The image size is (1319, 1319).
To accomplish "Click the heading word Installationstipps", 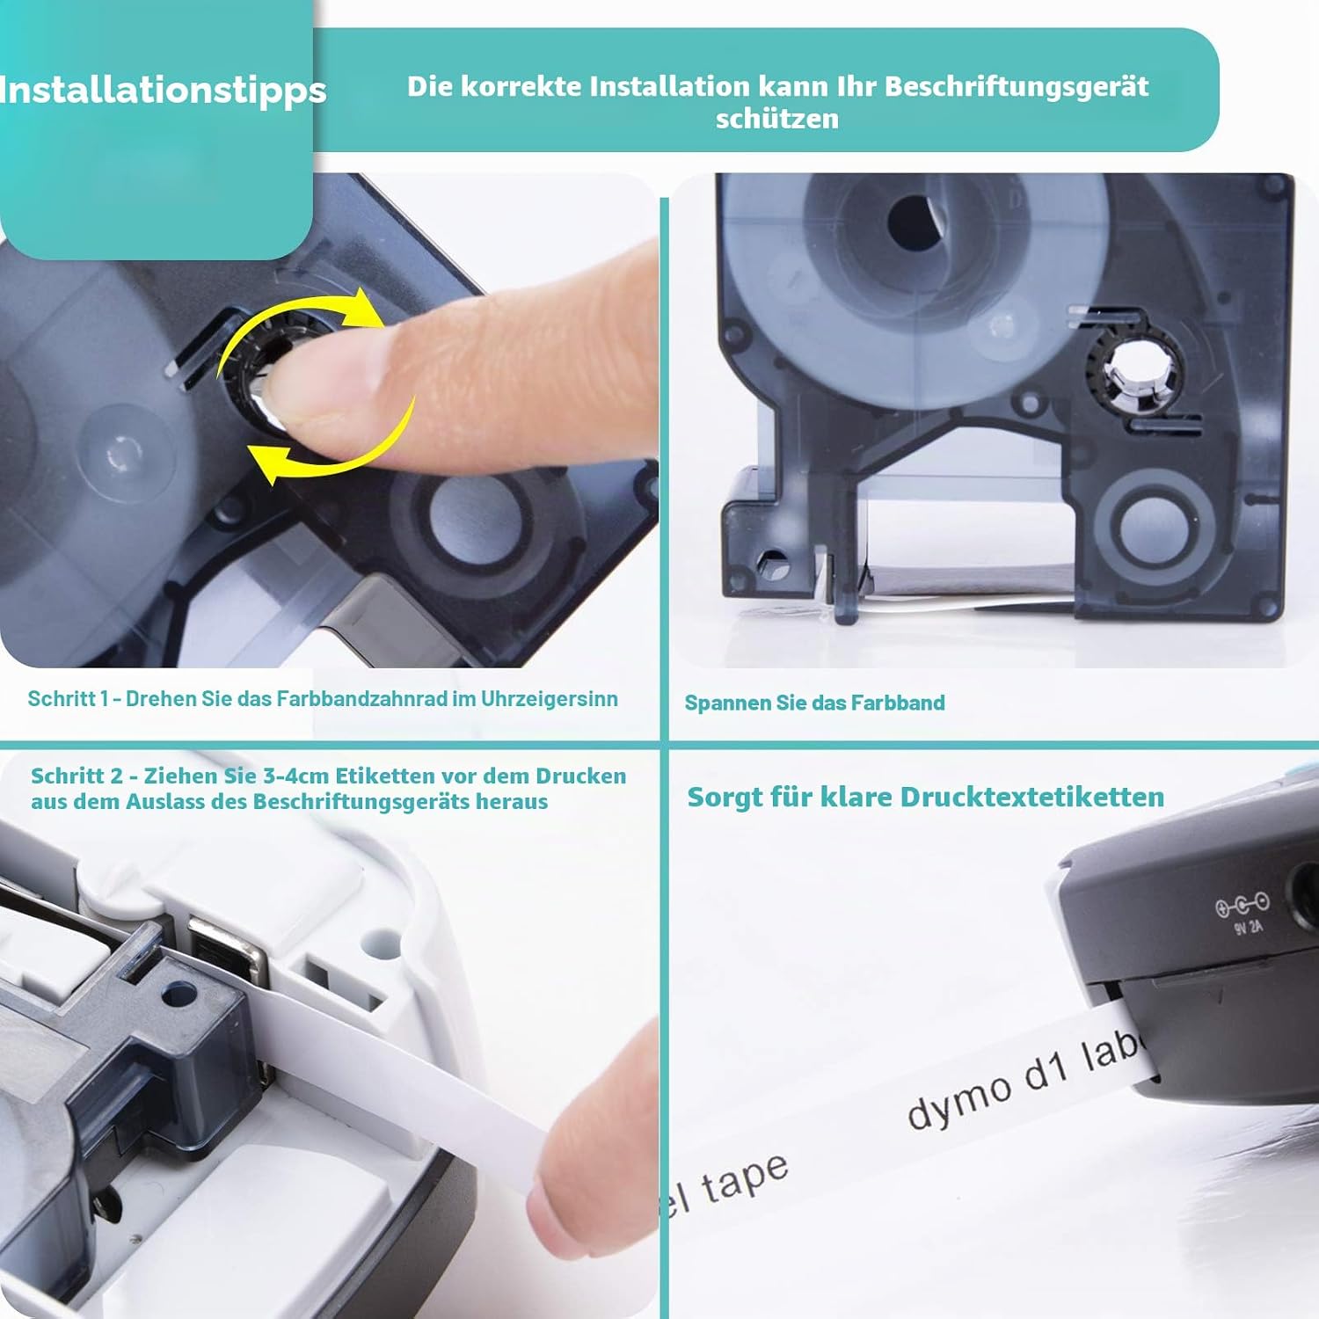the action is point(163,91).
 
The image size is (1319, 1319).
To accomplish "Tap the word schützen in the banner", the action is point(777,119).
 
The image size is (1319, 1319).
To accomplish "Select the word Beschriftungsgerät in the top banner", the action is point(1017,87).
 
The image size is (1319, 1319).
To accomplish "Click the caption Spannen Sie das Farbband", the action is point(814,703).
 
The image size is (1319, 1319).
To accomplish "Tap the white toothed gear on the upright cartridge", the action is point(1134,373).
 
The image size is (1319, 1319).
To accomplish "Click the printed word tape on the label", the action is point(744,1178).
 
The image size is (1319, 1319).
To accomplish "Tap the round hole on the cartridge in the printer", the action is point(180,994).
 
